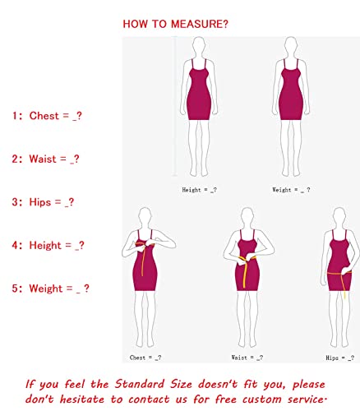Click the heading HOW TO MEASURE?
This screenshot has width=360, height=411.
click(x=176, y=24)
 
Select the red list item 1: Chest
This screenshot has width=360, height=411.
click(x=47, y=116)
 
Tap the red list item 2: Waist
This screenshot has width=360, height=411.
click(x=45, y=159)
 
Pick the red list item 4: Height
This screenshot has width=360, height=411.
click(x=48, y=245)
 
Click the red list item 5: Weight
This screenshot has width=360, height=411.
click(x=50, y=289)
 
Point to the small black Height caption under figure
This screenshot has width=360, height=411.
click(x=199, y=190)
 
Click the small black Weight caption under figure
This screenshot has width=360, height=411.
click(x=292, y=190)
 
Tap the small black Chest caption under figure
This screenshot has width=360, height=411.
click(x=145, y=358)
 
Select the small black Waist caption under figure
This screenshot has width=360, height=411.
click(x=247, y=358)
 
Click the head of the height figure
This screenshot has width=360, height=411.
click(x=199, y=47)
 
